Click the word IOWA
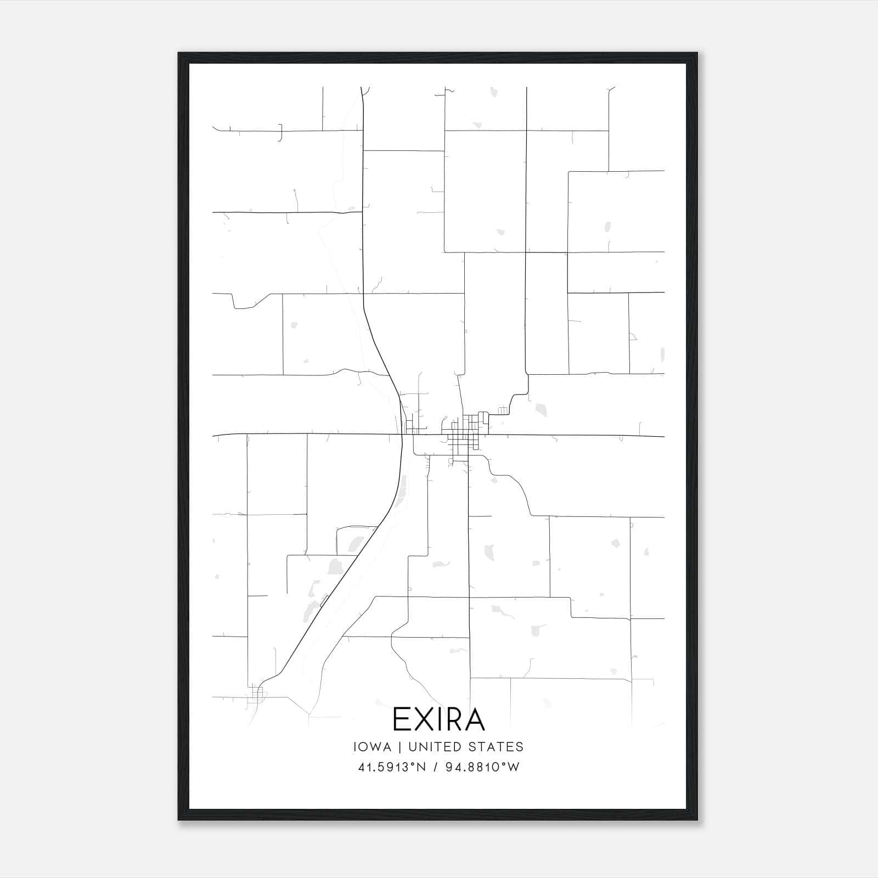pos(373,747)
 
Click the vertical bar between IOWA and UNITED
pos(399,747)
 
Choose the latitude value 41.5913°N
pos(392,767)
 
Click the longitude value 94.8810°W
pos(482,767)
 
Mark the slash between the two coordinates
pos(435,767)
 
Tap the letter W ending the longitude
pos(514,767)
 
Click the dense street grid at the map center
pos(464,436)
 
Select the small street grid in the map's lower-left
pos(257,696)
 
